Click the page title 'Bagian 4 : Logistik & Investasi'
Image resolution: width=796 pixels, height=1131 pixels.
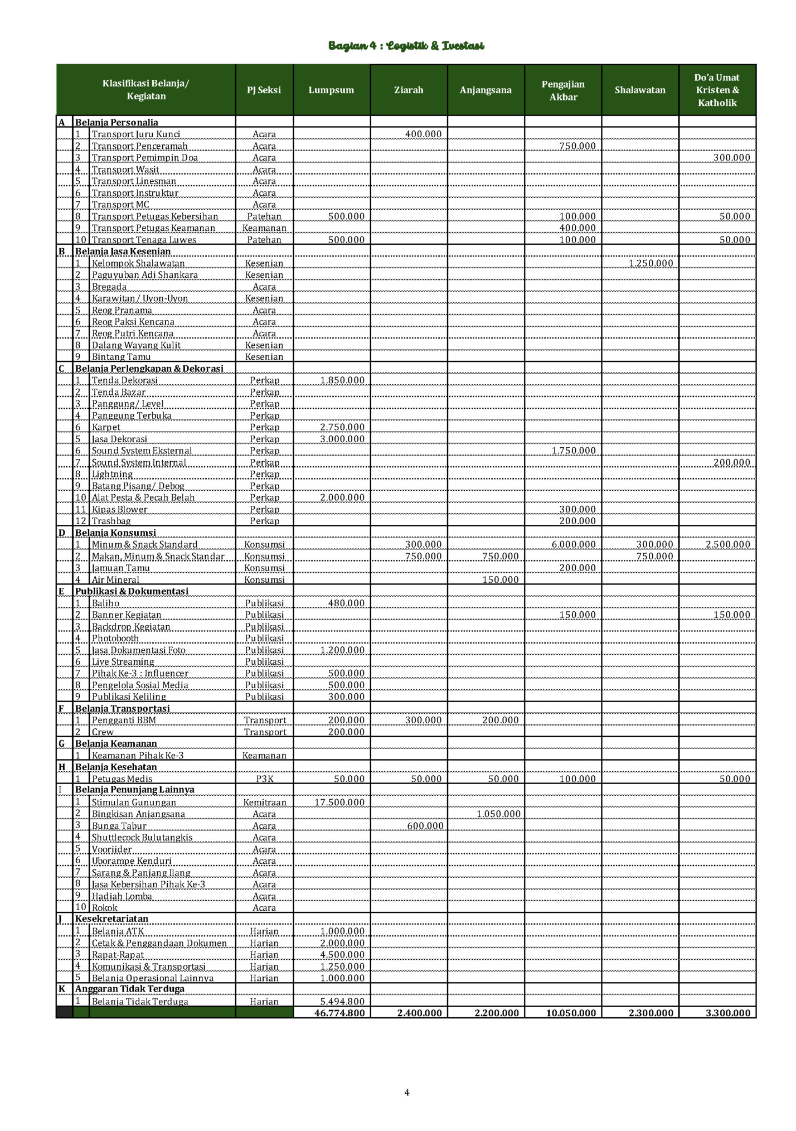[x=406, y=46]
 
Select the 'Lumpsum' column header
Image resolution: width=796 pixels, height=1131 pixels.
[x=331, y=90]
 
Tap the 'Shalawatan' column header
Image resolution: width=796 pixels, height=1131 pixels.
[x=640, y=90]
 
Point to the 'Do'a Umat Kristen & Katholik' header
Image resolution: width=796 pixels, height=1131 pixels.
[x=717, y=90]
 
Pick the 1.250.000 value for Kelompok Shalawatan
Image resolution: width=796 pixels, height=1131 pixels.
[x=651, y=263]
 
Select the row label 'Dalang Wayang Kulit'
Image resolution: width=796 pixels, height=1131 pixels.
[x=136, y=345]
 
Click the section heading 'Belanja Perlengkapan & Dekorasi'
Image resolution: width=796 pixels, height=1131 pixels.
[x=149, y=369]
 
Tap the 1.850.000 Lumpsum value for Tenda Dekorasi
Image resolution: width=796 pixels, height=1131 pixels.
[x=342, y=380]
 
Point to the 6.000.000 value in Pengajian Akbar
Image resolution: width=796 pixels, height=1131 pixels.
[x=574, y=544]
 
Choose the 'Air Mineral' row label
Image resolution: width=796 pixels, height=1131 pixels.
[x=115, y=579]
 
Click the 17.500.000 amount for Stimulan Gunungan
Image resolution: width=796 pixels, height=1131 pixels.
[x=339, y=802]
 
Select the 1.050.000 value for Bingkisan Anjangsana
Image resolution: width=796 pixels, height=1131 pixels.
[x=498, y=814]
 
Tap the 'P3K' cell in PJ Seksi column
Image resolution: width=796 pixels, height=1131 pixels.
[x=264, y=779]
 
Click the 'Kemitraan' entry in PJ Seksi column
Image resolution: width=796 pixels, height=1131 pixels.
[x=264, y=802]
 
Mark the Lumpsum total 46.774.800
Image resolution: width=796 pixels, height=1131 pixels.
[x=339, y=1013]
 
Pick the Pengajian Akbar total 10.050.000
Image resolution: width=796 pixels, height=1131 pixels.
[x=571, y=1013]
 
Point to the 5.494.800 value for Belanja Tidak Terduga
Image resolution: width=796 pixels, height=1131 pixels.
[x=342, y=1001]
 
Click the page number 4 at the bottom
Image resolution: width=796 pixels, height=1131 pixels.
[x=407, y=1092]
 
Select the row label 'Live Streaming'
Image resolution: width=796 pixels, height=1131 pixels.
[x=123, y=661]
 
